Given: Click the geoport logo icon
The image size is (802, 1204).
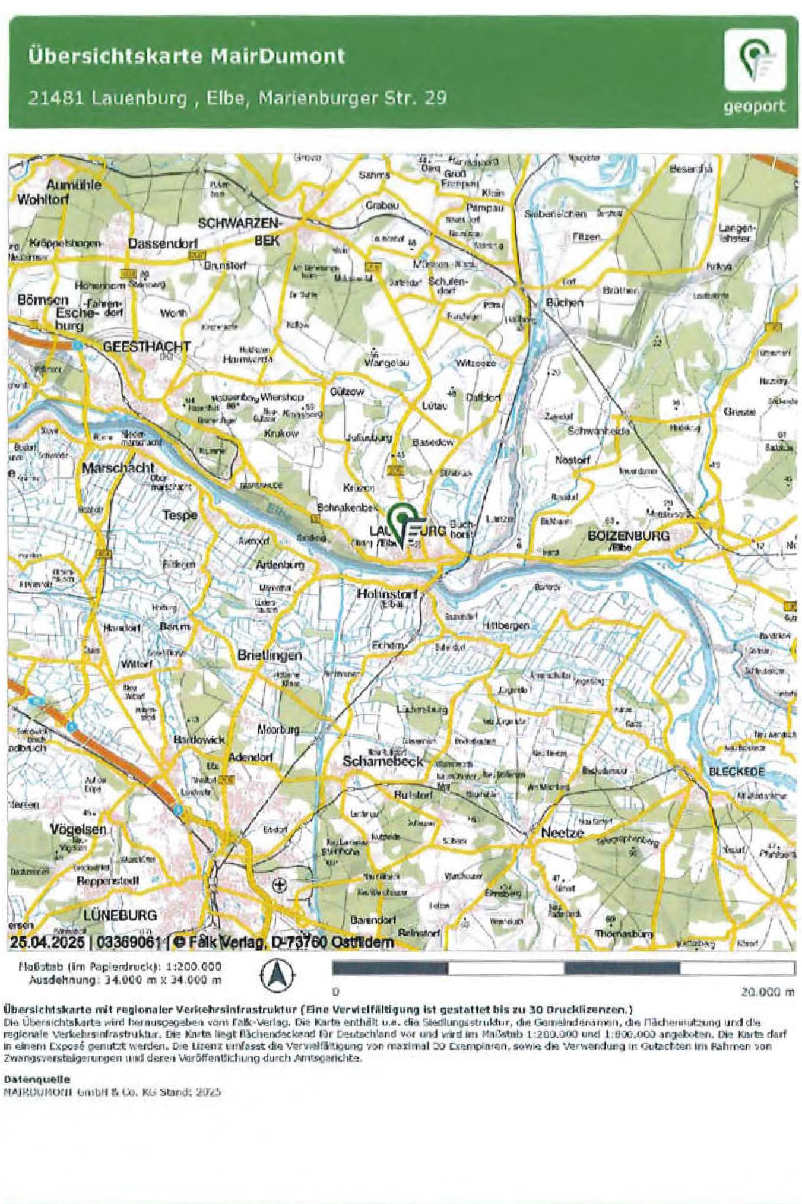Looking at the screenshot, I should coord(755,60).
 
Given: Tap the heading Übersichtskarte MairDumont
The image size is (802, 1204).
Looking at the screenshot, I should coord(186,56).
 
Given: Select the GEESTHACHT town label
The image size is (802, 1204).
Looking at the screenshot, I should coord(147,347).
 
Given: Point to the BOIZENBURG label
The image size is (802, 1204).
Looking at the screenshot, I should coord(628,536).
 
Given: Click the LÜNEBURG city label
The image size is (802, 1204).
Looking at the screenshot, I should coord(120,915).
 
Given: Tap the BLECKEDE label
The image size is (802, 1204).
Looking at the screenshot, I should coord(736,771).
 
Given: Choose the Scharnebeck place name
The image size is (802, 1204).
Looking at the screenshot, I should coord(383,761).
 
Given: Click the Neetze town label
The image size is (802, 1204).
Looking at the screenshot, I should coord(562,832).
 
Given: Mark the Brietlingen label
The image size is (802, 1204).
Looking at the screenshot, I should coord(270,655).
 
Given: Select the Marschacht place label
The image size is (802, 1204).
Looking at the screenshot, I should coord(118,468).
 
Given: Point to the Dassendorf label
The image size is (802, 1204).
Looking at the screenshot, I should coord(163,243).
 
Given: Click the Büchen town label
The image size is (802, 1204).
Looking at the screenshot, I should coord(564,302).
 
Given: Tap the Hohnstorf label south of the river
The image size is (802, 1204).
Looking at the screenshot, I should coord(386,593).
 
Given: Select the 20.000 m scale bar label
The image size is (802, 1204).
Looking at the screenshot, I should coord(767,991).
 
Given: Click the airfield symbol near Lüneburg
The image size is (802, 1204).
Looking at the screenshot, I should coord(279,886).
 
